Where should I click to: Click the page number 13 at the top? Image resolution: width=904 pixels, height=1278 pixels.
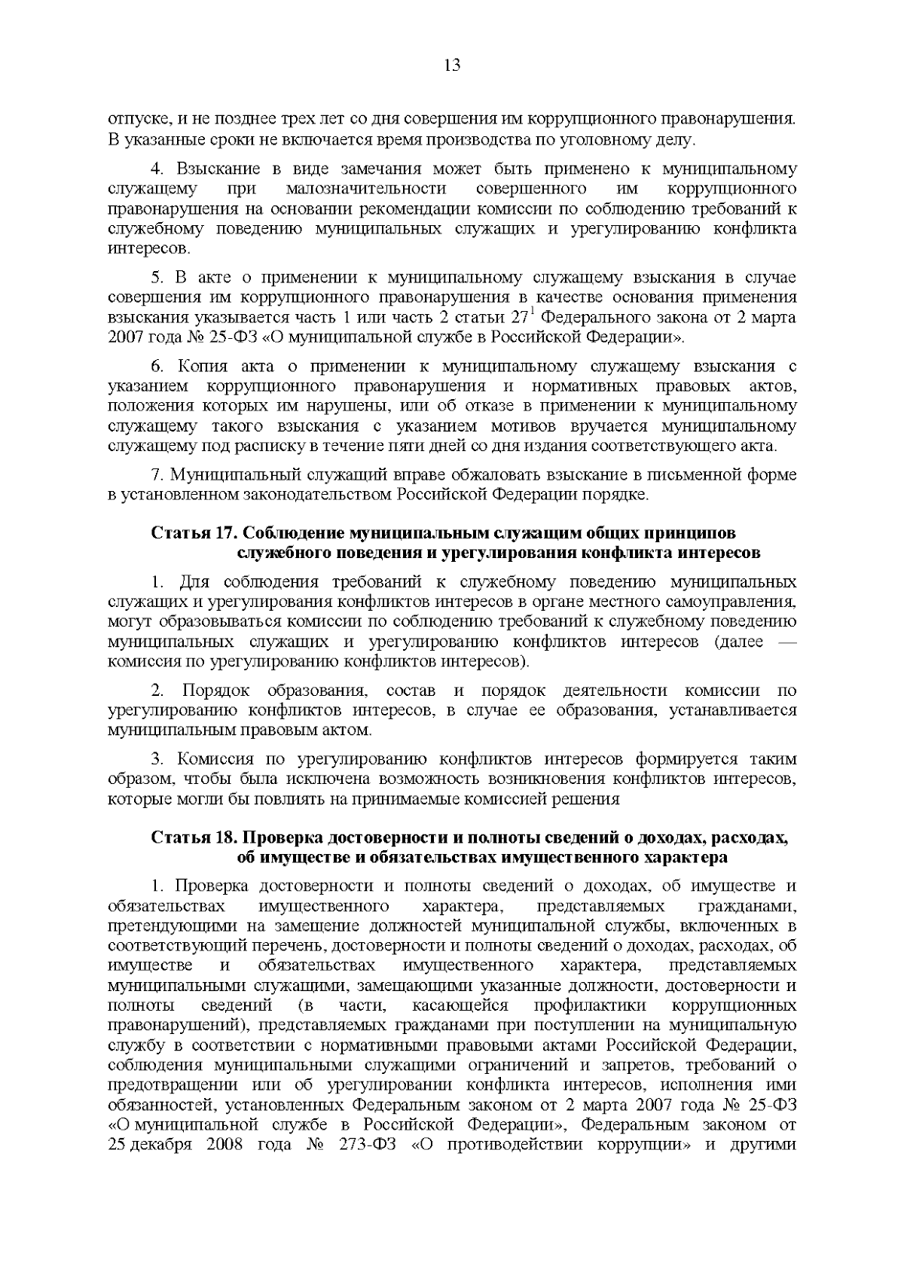coord(452,65)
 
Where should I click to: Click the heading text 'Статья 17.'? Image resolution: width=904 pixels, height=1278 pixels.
coord(194,533)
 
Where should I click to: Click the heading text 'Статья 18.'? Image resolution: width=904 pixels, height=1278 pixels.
coord(194,837)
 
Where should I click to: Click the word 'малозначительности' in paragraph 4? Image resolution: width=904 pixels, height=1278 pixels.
coord(366,188)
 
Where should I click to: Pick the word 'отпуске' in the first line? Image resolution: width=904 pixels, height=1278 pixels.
coord(136,120)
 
